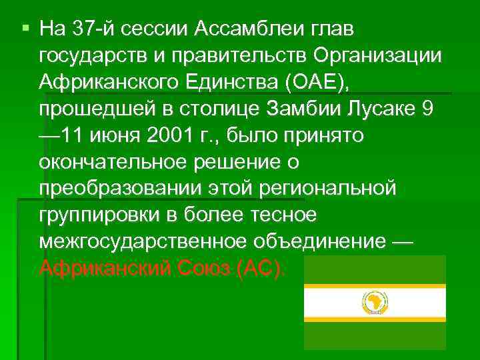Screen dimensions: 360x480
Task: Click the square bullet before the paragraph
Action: click(26, 29)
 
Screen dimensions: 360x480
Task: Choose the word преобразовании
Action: click(124, 189)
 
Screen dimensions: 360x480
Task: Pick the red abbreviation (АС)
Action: click(259, 268)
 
